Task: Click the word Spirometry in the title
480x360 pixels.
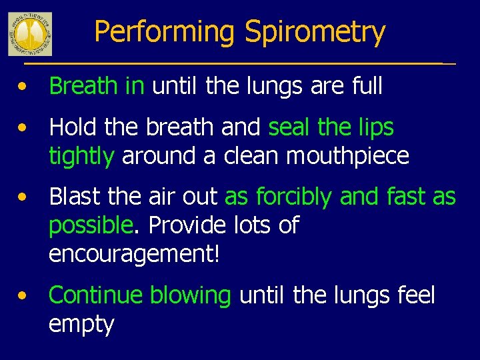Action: point(315,33)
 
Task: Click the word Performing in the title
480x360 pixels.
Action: point(165,33)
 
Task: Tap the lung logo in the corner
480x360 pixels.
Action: point(30,33)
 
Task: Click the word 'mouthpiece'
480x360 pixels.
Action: point(347,155)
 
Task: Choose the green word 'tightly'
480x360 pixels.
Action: point(81,155)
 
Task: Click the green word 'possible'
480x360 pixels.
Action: point(91,225)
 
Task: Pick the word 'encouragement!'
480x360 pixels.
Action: point(134,254)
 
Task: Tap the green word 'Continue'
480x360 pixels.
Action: point(95,295)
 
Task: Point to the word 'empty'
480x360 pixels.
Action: point(81,325)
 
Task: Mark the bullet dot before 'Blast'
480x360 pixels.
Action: point(23,197)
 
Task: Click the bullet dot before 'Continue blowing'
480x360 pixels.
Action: point(23,295)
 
